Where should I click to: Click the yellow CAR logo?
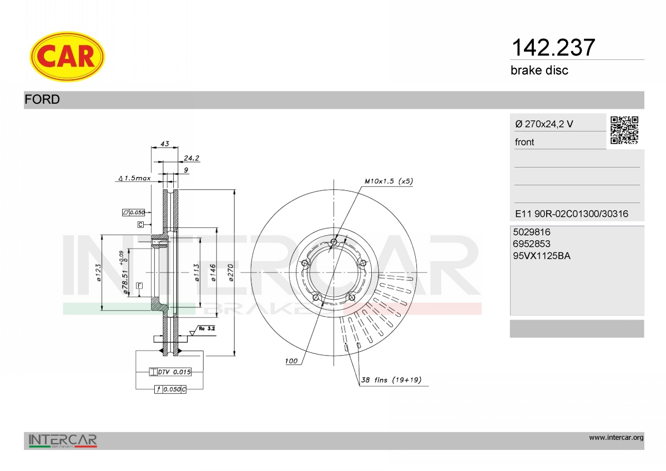(67, 57)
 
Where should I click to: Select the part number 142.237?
(553, 48)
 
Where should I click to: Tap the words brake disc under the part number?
(539, 70)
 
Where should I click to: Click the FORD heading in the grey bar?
(42, 99)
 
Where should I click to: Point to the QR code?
(624, 130)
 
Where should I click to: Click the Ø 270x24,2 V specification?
(544, 124)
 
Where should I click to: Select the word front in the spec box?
(524, 142)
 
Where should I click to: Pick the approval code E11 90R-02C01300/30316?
(572, 214)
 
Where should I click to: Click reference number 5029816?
(532, 232)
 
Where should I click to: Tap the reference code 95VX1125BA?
(542, 256)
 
